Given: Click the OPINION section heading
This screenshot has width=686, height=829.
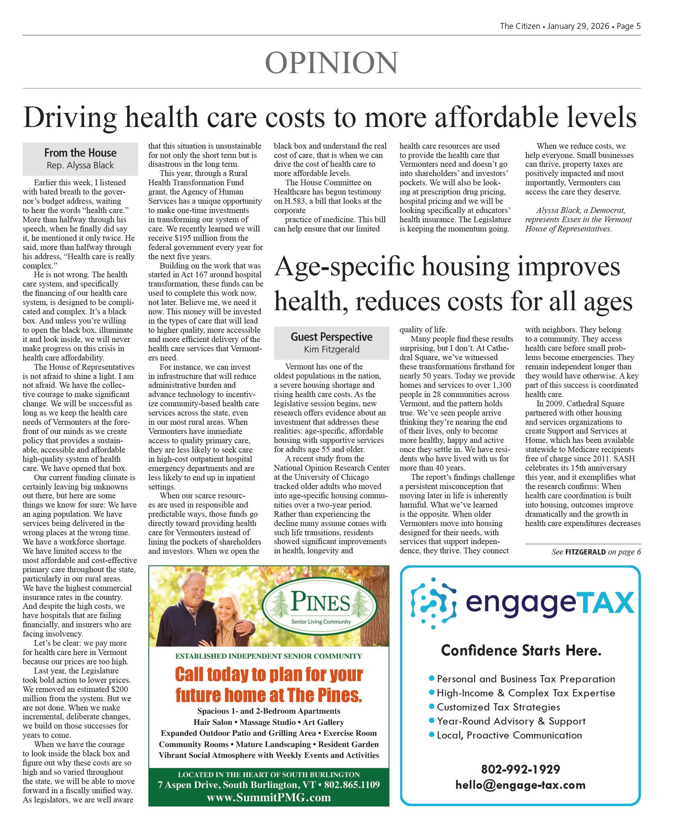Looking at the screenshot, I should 331,63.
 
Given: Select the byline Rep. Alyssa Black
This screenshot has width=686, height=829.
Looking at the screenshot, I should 80,165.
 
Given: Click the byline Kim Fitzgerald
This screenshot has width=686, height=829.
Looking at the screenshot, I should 331,349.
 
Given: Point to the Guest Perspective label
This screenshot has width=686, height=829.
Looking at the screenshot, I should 331,337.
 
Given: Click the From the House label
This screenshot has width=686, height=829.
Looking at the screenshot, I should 80,153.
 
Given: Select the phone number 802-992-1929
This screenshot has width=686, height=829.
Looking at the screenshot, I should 520,769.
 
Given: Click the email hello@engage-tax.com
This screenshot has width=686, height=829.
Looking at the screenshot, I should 520,785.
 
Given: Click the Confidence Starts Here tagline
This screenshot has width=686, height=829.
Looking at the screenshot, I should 521,650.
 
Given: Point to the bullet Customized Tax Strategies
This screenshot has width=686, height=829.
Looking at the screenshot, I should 498,707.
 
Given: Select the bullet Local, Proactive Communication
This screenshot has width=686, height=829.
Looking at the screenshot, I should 509,735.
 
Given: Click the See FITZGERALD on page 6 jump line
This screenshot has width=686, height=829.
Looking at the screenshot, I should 596,552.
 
